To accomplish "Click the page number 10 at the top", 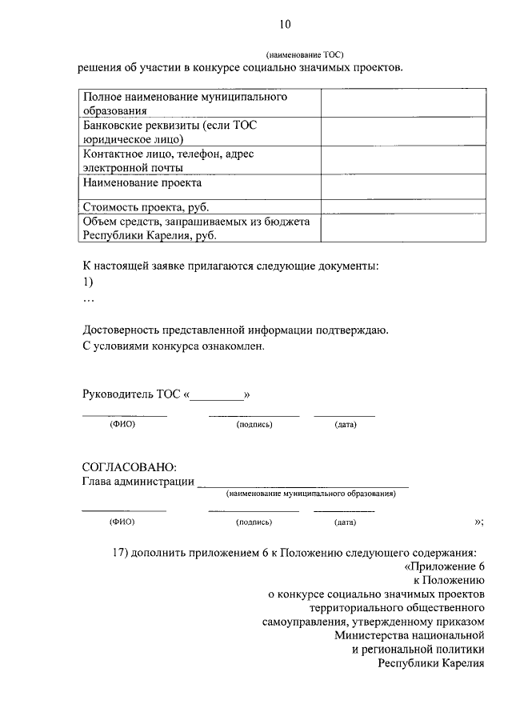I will [286, 26].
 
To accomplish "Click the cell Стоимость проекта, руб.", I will [140, 206].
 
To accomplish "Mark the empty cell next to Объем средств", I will [403, 228].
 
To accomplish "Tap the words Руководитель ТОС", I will [132, 394].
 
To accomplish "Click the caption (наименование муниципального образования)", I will [310, 494].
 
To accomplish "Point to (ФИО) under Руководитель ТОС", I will [122, 424].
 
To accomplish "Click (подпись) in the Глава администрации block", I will [254, 522].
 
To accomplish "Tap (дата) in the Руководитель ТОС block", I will [346, 424].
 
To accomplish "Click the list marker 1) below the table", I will [88, 282].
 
